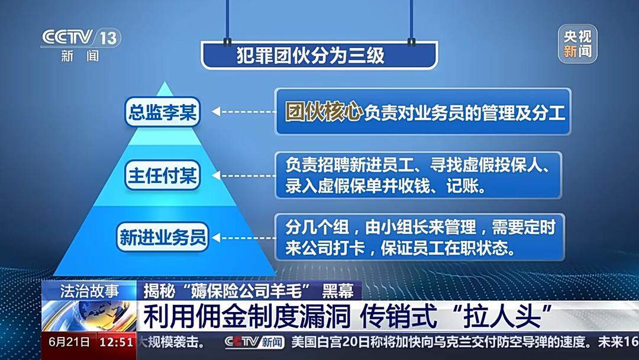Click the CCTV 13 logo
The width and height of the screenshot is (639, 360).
point(80,37)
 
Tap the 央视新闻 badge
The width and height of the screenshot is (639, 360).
point(577,44)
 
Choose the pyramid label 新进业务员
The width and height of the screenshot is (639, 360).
point(163,237)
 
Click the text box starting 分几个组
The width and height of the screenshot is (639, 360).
point(418,236)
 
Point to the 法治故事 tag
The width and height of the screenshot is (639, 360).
point(89,291)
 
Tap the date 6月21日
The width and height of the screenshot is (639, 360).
point(69,342)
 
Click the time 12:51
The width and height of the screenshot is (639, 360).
point(116,342)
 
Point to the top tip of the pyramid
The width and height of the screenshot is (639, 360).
point(164,83)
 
